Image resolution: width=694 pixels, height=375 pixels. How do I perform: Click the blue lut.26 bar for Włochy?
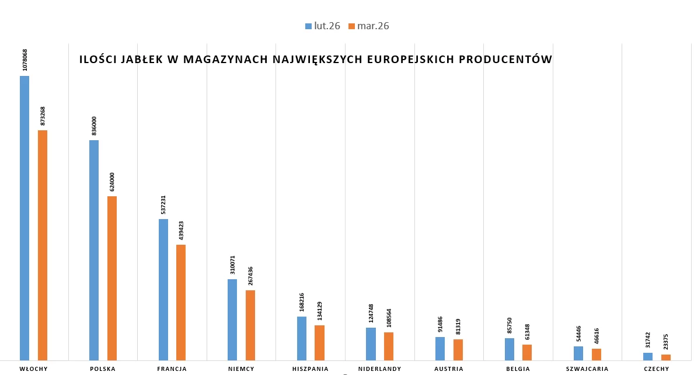pos(25,217)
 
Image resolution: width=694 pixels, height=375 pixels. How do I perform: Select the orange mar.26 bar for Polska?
pos(112,278)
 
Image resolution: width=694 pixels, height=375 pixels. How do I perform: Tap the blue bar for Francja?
pos(163,289)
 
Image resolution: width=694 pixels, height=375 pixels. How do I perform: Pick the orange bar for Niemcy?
pos(250,325)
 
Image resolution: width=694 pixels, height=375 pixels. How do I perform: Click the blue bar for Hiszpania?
pos(302,338)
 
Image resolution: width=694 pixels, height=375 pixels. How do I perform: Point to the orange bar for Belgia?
pos(527,352)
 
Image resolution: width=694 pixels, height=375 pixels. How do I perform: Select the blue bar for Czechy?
pos(648,356)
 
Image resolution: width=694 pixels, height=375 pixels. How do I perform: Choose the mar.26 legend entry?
pos(368,26)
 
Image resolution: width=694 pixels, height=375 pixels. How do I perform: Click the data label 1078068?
pos(25,60)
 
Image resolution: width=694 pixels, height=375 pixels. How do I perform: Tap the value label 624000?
pos(112,182)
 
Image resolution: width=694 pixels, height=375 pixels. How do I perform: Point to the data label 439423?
pos(182,230)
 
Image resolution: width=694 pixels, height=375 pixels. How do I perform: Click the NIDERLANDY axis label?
pos(379,369)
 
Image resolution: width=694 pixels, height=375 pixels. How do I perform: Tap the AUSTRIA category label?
pos(449,369)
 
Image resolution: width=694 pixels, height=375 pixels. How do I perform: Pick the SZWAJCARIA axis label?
pos(587,369)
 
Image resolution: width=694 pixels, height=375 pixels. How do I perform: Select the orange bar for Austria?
pos(458,349)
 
